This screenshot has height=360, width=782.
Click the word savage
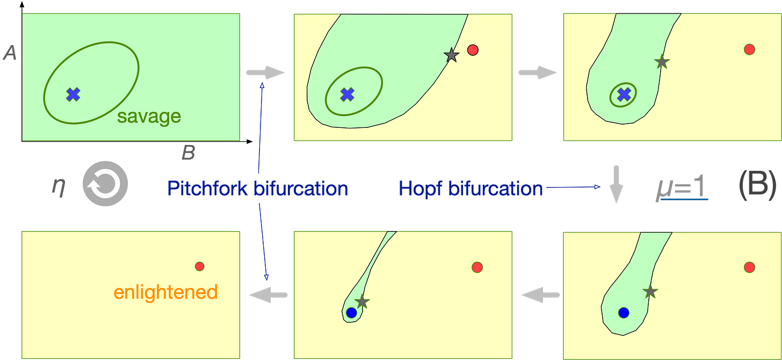tap(149, 117)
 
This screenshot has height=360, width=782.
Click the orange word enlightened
tap(165, 293)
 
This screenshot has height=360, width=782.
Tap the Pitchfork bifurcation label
tap(258, 189)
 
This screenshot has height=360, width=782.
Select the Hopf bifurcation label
tap(470, 189)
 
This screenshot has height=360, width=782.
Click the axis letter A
tap(9, 53)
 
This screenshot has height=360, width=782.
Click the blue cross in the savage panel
tap(73, 95)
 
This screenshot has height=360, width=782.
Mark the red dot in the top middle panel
tap(473, 50)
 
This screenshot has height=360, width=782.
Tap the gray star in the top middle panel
tap(451, 54)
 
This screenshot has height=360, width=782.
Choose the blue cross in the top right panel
tap(623, 95)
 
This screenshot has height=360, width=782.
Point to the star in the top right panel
tap(662, 62)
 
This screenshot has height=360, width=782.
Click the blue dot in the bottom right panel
tap(624, 312)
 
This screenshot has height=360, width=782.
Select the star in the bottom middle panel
tap(363, 301)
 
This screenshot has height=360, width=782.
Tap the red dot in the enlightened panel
tap(200, 266)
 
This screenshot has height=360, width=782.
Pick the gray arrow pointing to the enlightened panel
tap(267, 294)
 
